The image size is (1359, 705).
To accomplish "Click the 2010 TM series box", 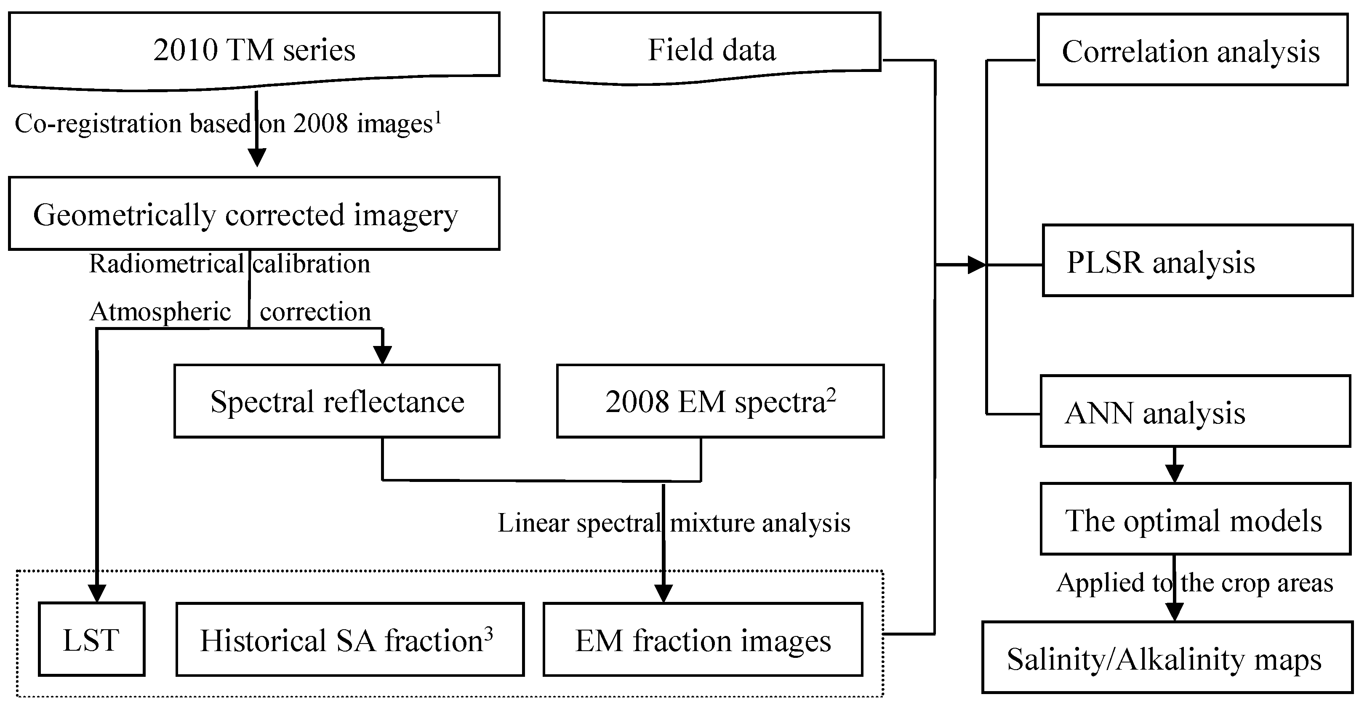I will [254, 50].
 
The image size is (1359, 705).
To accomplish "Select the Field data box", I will [711, 50].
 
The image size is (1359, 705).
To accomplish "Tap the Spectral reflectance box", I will [336, 401].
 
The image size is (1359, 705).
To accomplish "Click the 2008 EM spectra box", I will [719, 401].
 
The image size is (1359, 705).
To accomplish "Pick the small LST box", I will [91, 639].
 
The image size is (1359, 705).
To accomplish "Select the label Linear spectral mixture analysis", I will [674, 523].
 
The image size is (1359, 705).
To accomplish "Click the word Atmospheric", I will [160, 311].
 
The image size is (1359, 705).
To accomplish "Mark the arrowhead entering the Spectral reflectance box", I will [383, 355].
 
